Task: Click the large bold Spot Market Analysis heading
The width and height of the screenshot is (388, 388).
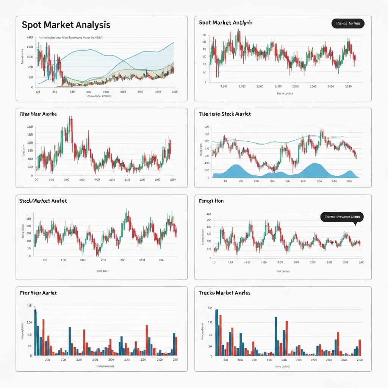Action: tap(66, 25)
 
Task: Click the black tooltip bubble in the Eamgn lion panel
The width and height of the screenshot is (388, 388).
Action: tap(342, 217)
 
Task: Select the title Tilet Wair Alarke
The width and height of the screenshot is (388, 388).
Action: tap(38, 114)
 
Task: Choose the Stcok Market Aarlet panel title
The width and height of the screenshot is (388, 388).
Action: tap(43, 200)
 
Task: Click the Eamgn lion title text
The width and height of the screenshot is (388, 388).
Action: tap(211, 200)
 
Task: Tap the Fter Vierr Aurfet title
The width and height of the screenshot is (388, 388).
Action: tap(38, 293)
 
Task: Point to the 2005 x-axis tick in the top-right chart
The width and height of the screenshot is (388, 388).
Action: tap(313, 86)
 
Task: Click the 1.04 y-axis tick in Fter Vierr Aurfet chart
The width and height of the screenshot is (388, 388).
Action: tap(29, 322)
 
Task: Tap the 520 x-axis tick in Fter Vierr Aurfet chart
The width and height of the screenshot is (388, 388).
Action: tap(127, 360)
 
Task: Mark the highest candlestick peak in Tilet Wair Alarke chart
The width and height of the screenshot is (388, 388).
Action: tap(70, 120)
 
